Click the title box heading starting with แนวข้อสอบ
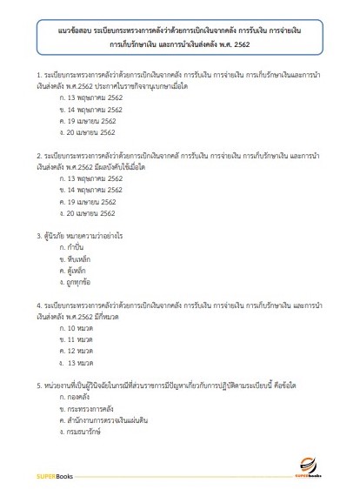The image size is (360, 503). click(x=179, y=37)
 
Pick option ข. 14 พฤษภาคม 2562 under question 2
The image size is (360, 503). click(x=90, y=189)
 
